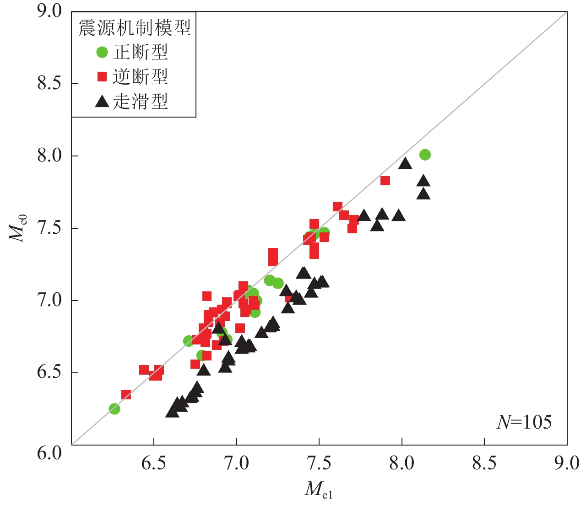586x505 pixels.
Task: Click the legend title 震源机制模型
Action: click(x=134, y=28)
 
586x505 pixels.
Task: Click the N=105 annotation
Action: click(x=524, y=422)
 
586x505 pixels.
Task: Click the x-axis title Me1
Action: click(x=319, y=489)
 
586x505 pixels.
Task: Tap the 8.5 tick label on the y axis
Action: click(x=49, y=84)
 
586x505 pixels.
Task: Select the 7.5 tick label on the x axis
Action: click(x=319, y=463)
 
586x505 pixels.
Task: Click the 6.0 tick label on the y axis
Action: click(x=49, y=453)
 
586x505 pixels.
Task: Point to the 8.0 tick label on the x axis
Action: click(x=402, y=463)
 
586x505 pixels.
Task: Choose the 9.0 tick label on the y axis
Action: click(x=49, y=11)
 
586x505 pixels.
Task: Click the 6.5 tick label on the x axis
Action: click(x=154, y=463)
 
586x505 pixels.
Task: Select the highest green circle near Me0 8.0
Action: click(x=425, y=155)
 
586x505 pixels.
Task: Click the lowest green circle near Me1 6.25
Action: click(x=114, y=408)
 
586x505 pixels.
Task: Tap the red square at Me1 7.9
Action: click(x=385, y=181)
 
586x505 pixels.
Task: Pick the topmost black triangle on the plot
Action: click(x=405, y=163)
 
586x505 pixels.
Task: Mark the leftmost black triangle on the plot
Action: click(x=172, y=412)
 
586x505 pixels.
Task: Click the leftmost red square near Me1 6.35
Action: click(x=126, y=394)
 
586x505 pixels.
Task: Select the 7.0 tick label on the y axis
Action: click(x=49, y=301)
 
